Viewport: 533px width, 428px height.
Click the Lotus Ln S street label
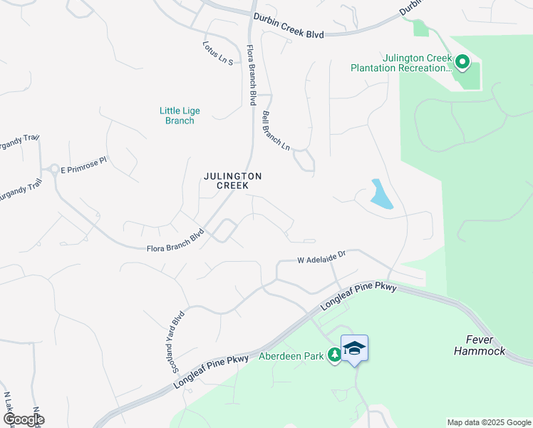[x=218, y=53]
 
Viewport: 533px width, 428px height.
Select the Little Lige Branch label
[x=180, y=116]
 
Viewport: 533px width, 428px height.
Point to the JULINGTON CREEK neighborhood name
[x=233, y=180]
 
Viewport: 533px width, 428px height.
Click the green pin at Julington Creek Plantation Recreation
[x=462, y=63]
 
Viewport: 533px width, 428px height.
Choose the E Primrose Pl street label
[x=83, y=165]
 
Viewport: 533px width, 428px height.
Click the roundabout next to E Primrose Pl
[x=53, y=170]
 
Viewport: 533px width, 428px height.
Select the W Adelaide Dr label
[x=321, y=256]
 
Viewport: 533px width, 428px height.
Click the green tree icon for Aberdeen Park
[x=334, y=355]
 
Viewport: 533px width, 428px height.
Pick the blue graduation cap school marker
[x=354, y=348]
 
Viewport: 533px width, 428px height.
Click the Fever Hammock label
[x=479, y=345]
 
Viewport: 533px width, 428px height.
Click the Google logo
[x=23, y=419]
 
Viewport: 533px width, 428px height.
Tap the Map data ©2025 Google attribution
[x=488, y=422]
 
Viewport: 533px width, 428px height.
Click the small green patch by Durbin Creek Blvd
[x=420, y=28]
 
